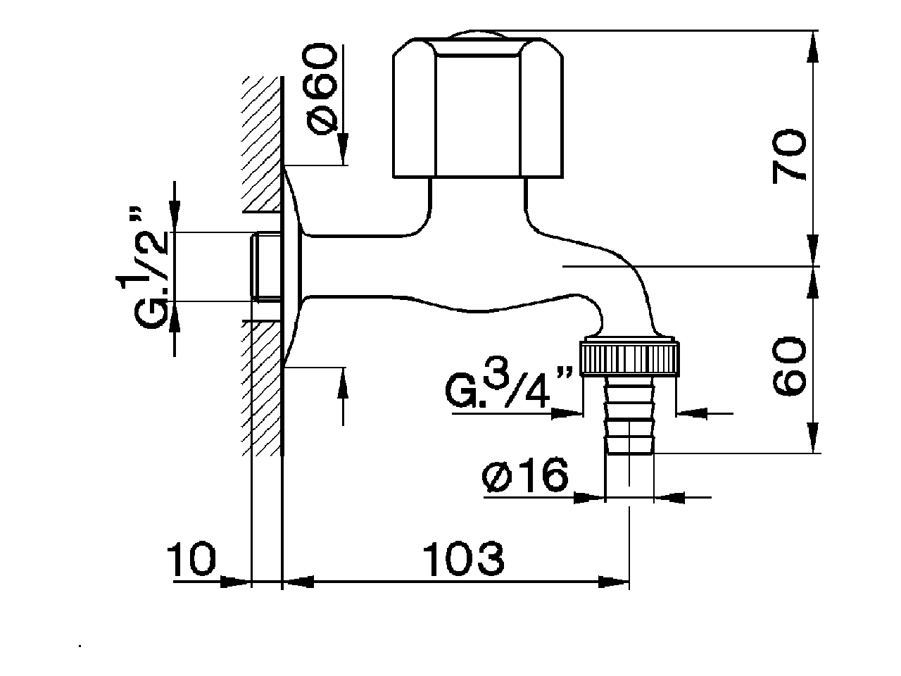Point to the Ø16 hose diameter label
525,477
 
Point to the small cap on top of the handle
477,35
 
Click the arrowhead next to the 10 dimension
236,582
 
